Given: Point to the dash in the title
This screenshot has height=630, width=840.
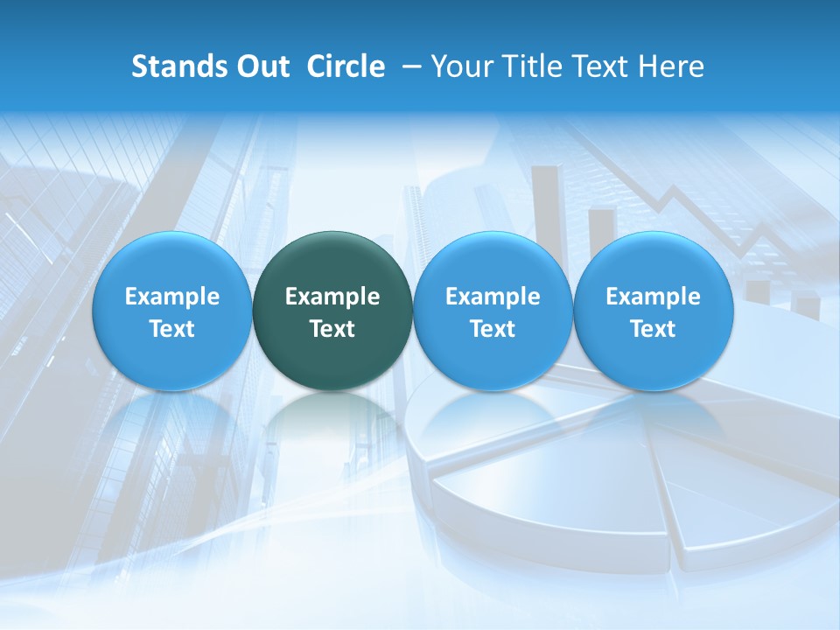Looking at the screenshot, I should (409, 66).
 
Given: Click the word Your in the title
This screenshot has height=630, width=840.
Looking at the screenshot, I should (459, 66).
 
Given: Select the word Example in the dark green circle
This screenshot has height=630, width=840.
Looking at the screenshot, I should (332, 297).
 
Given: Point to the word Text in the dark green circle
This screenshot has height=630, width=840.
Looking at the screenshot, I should (332, 329).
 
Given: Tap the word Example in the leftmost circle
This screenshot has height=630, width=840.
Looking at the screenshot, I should (171, 297).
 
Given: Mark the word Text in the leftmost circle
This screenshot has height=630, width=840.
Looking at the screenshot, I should (171, 329).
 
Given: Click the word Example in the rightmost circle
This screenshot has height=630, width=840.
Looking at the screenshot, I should (654, 297).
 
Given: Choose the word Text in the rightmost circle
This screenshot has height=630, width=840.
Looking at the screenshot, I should (654, 329).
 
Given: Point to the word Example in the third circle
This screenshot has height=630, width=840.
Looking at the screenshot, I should (493, 297).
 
